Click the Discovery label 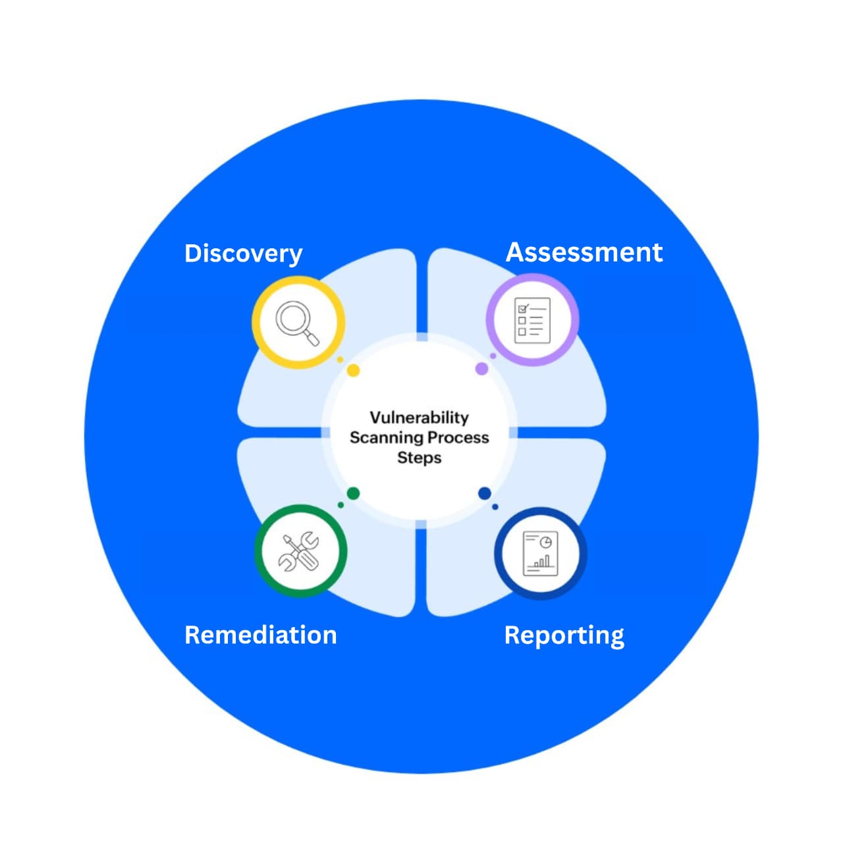click(243, 254)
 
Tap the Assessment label click(584, 252)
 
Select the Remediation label click(261, 635)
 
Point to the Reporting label click(564, 636)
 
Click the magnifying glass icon click(298, 323)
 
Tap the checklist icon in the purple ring click(531, 320)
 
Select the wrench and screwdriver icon click(300, 551)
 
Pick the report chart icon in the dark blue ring click(540, 553)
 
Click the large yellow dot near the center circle click(353, 371)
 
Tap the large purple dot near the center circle click(481, 369)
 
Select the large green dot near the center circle click(353, 493)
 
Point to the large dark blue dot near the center click(485, 493)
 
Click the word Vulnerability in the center click(419, 418)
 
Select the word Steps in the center click(419, 458)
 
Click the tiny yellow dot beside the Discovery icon click(340, 360)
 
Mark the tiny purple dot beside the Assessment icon click(493, 356)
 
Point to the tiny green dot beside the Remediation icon click(340, 505)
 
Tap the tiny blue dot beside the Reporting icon click(495, 506)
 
